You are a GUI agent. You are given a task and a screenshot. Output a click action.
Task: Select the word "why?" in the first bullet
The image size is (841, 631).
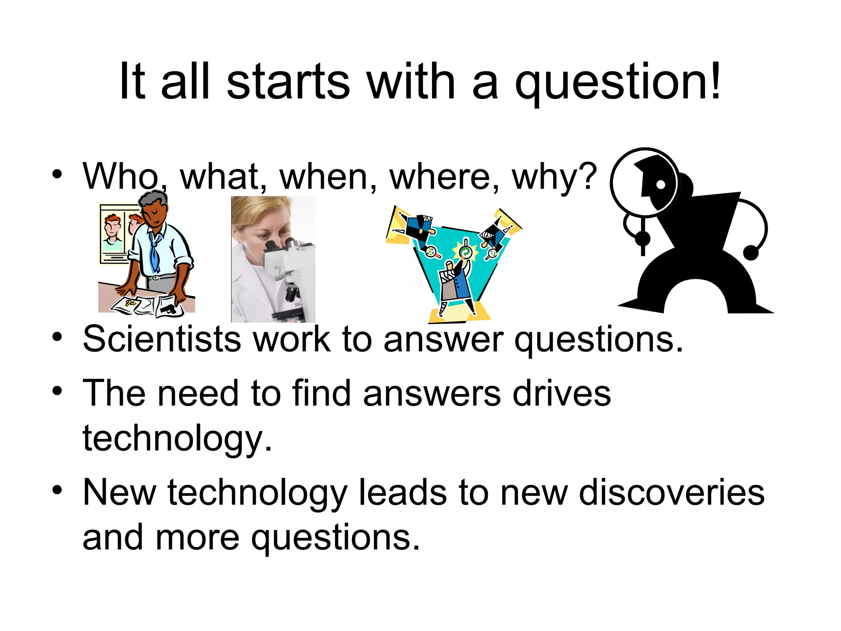pos(554,177)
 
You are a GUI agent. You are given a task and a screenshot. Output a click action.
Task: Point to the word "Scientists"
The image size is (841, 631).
pos(162,339)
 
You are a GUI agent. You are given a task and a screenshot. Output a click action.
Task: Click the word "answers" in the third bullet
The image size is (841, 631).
pos(432,393)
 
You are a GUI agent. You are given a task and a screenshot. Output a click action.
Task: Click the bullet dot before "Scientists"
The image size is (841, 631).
pos(57,337)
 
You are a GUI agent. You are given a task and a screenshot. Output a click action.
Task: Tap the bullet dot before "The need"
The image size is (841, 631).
pos(57,391)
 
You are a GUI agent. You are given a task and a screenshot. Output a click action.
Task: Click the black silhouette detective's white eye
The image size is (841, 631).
pos(660,184)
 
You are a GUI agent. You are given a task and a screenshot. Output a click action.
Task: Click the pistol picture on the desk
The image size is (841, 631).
pos(168,309)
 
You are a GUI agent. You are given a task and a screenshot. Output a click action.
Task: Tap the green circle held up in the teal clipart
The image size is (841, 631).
pos(465,252)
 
